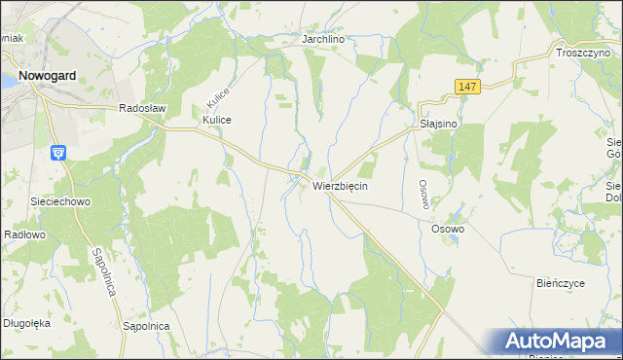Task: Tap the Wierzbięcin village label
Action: click(340, 185)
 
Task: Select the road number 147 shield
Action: click(466, 87)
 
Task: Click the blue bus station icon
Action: click(57, 152)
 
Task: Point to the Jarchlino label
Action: click(325, 39)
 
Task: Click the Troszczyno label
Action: click(582, 54)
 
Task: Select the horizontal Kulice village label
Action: click(216, 120)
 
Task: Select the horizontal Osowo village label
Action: click(448, 229)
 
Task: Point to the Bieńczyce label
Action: click(560, 282)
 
